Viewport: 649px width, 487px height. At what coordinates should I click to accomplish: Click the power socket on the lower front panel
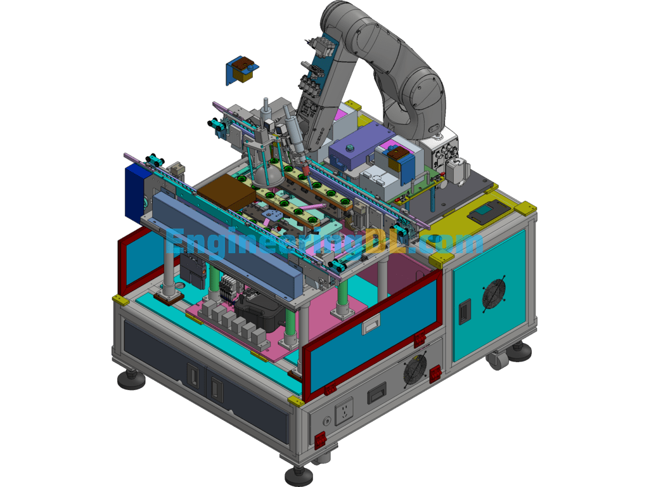344,411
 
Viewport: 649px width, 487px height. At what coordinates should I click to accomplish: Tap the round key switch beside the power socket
326,422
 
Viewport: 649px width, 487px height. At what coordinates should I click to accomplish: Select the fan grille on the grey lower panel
414,368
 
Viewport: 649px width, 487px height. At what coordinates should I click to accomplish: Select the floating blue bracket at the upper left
241,70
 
